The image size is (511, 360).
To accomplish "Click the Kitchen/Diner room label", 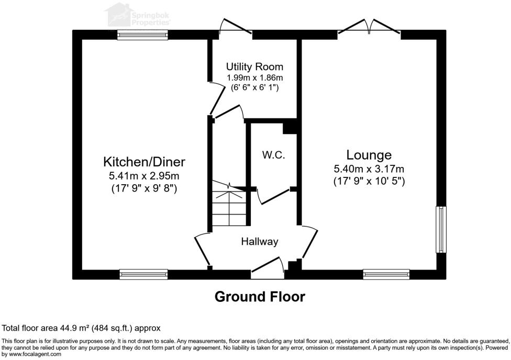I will click(144, 161).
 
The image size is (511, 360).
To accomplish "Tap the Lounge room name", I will click(369, 155).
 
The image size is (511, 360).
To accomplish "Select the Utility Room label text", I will click(254, 67).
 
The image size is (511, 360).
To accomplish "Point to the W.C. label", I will click(273, 155).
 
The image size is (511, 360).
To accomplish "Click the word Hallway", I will click(259, 242).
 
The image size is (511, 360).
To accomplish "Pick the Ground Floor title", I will click(260, 297).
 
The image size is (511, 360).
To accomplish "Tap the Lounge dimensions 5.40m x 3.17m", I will click(369, 169).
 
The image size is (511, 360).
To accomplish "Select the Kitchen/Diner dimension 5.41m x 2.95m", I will click(144, 176).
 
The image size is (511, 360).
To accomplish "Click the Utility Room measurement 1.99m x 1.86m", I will click(254, 77).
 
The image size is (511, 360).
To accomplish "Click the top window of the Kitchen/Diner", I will click(142, 35).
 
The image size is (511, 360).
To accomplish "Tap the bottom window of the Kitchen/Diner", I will click(143, 273).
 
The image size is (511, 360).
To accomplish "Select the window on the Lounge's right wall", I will click(442, 230).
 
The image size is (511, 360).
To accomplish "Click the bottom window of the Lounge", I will click(386, 273).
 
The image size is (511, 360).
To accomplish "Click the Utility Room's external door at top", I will click(235, 26).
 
